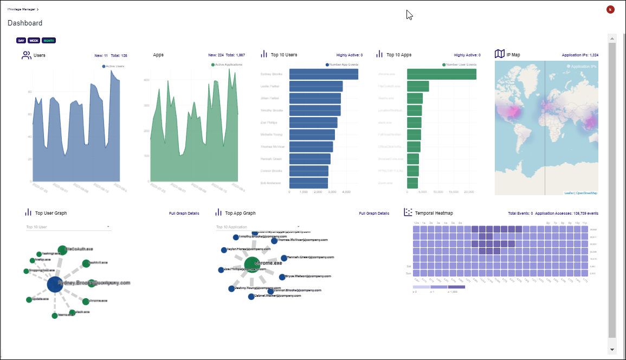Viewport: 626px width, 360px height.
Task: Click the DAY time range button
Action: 21,40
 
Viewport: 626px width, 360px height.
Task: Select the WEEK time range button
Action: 34,40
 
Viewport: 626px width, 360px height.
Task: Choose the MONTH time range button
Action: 49,40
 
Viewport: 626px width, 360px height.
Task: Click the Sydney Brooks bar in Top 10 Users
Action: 324,74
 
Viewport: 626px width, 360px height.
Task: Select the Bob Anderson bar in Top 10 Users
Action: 308,183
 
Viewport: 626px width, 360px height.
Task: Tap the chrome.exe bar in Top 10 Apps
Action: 442,74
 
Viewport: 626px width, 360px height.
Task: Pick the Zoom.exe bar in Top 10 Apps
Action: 412,183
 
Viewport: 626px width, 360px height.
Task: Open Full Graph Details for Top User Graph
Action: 184,214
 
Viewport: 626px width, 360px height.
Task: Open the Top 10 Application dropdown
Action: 258,227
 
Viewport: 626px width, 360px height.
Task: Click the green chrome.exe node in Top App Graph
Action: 251,264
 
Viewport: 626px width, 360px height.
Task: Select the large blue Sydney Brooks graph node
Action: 54,284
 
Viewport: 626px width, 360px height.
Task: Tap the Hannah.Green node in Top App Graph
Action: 283,258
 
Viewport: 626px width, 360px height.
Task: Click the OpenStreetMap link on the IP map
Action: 586,193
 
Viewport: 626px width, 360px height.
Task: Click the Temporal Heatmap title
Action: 434,213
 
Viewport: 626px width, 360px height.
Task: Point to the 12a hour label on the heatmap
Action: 416,223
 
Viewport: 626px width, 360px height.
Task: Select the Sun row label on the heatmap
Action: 409,273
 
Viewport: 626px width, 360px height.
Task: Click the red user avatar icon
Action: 610,9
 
